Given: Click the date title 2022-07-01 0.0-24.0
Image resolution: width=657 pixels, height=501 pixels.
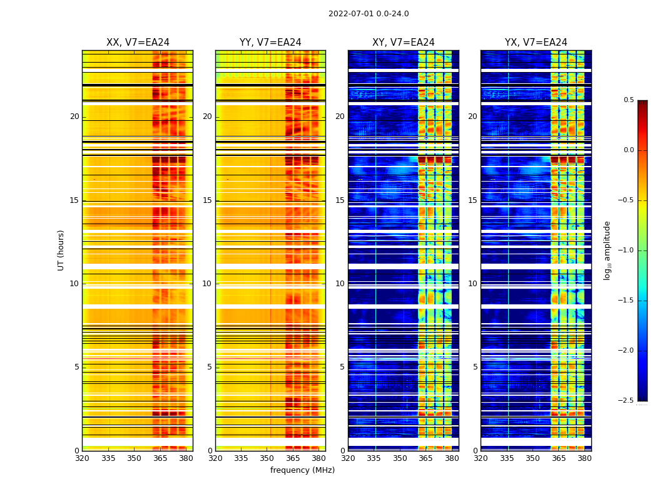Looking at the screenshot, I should [369, 14].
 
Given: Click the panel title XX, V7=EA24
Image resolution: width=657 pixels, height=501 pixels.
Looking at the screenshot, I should [138, 43].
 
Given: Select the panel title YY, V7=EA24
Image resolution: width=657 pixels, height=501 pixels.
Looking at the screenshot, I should [270, 43].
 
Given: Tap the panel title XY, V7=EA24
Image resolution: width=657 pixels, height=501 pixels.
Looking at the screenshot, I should [403, 43].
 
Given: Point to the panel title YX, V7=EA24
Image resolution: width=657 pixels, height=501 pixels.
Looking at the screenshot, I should [536, 43].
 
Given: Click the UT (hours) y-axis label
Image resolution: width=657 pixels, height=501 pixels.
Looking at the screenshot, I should [61, 250].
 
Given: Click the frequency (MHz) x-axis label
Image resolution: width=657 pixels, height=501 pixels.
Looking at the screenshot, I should [302, 470].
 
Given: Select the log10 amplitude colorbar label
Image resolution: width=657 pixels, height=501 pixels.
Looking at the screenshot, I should [607, 250].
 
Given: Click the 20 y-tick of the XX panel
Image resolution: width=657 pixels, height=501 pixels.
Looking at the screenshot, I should [74, 116].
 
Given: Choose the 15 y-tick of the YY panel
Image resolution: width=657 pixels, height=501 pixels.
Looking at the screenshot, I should [207, 200].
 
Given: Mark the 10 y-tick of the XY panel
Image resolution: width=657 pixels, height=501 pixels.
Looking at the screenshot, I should [340, 284].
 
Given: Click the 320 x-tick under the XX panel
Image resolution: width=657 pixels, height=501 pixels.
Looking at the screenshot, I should [82, 458].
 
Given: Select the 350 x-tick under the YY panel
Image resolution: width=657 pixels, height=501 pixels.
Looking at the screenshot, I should [267, 458].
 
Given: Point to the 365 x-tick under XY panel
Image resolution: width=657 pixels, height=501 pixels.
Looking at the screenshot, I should [425, 458].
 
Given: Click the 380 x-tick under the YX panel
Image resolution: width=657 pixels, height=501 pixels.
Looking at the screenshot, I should [584, 458].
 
